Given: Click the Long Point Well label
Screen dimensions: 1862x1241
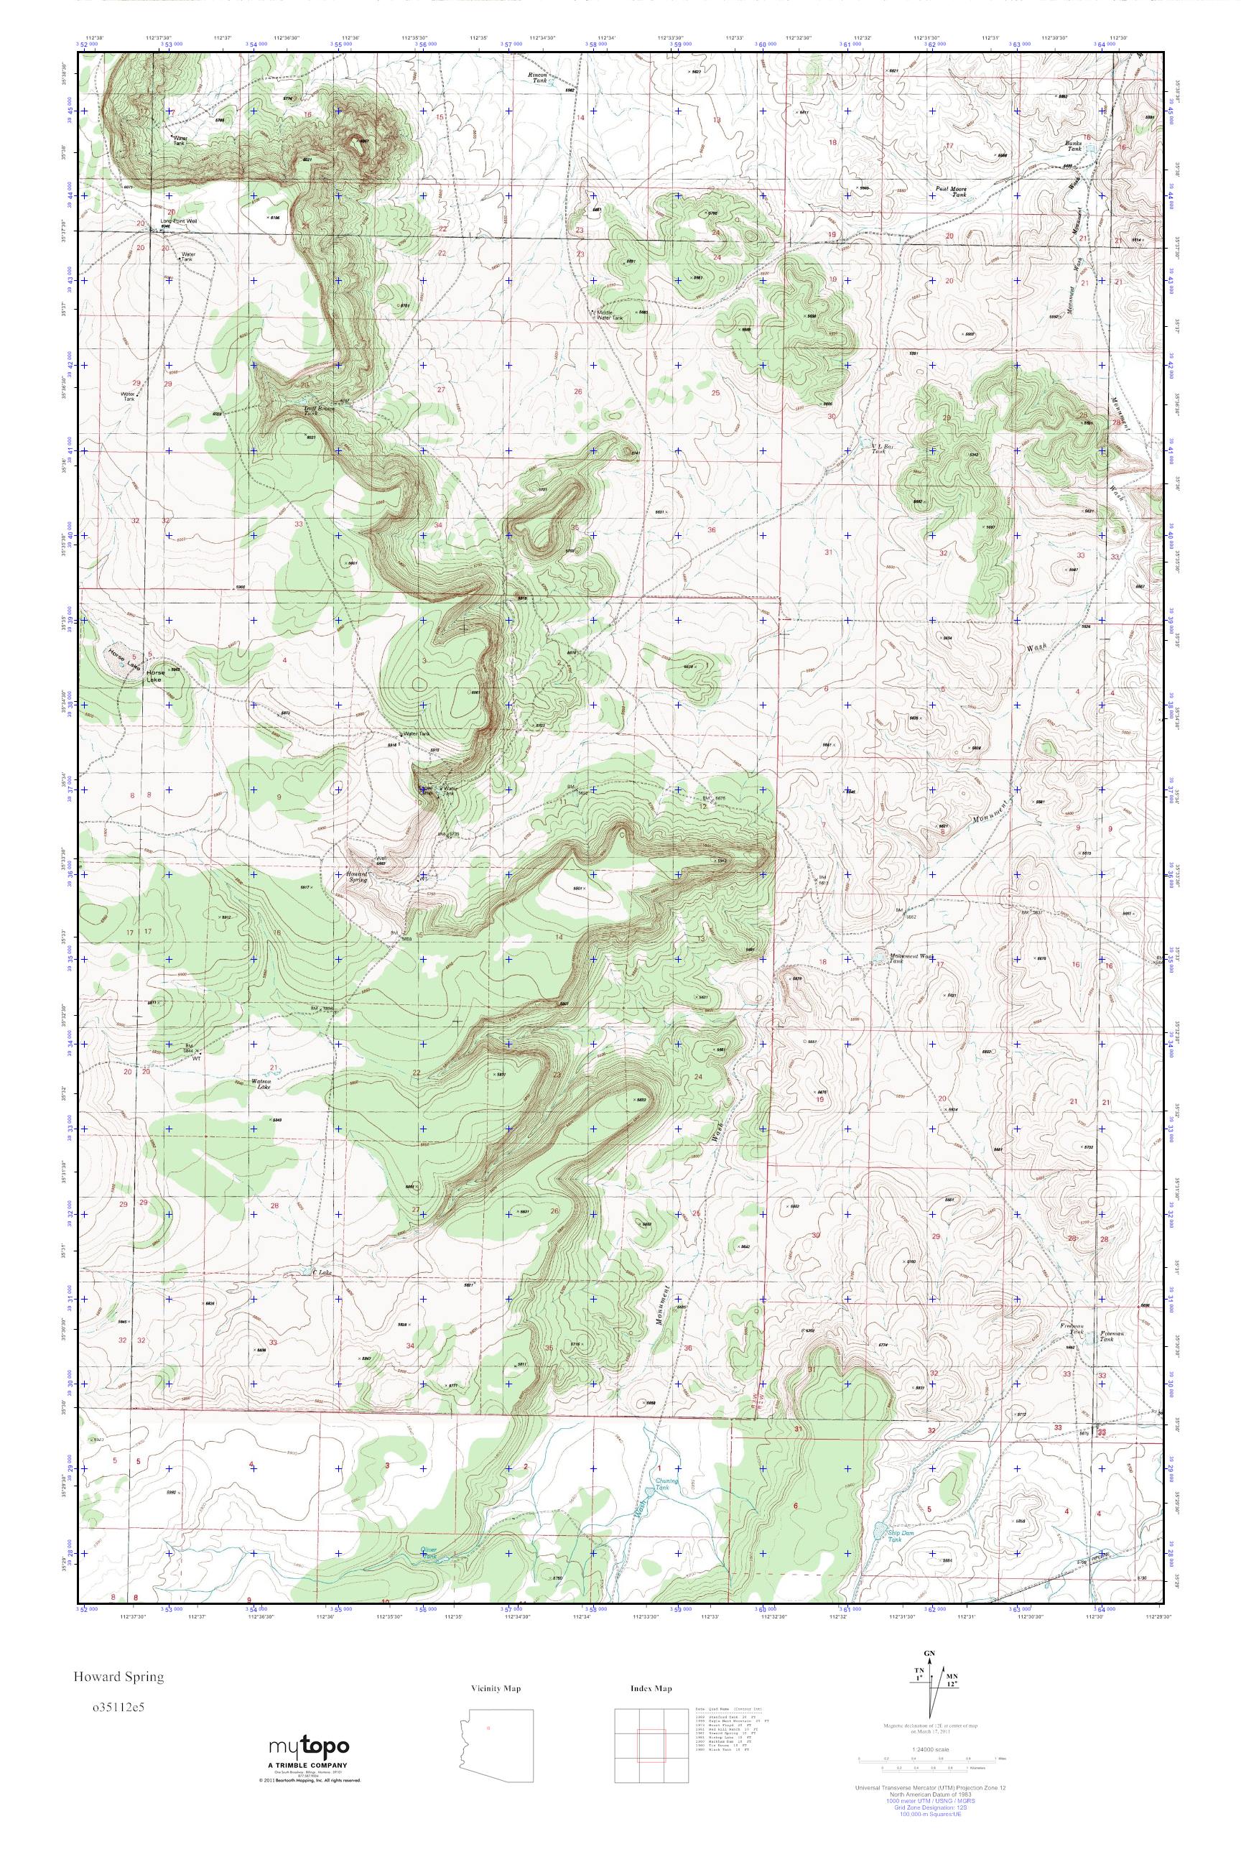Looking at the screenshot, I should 178,221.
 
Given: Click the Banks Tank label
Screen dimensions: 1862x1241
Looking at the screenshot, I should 1073,145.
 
